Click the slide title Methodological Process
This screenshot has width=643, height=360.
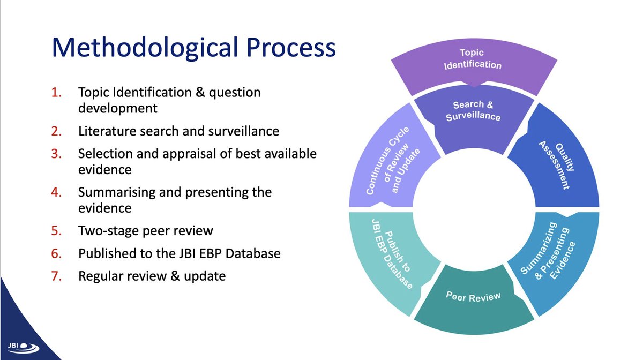tap(193, 48)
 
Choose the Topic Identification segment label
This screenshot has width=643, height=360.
tap(472, 59)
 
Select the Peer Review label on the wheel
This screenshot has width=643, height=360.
tap(474, 297)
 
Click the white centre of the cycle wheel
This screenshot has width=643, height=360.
tap(474, 206)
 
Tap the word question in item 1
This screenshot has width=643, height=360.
tap(234, 93)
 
